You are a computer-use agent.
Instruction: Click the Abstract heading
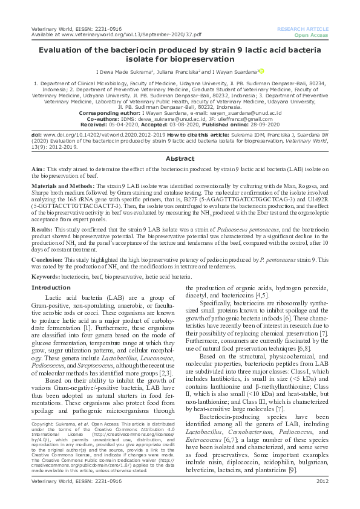pos(180,158)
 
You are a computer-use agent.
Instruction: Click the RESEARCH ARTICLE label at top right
pos(302,29)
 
